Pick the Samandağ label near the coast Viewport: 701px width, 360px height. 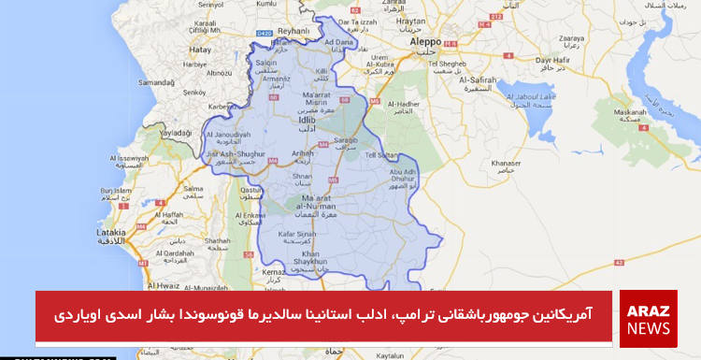156,82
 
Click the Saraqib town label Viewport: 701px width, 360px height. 345,139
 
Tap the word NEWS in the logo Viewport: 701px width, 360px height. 648,328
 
